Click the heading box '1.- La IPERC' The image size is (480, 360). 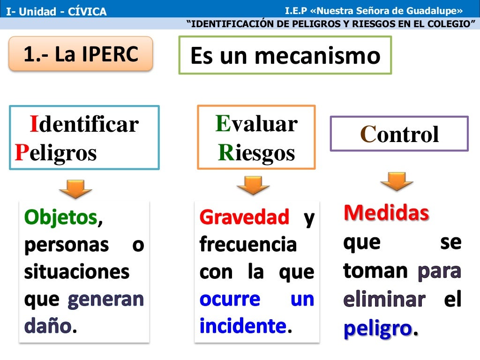[81, 54]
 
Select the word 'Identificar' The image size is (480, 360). [84, 125]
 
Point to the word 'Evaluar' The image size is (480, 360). [256, 124]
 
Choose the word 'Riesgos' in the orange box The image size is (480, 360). [256, 153]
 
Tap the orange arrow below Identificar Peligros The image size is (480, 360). [75, 189]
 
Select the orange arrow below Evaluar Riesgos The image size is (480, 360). [253, 185]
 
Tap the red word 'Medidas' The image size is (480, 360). [386, 213]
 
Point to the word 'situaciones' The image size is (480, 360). [77, 272]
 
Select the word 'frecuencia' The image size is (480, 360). [248, 244]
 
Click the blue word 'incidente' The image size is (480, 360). [243, 326]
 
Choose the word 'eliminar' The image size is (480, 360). [384, 299]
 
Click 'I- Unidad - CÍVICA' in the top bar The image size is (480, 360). [56, 11]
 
